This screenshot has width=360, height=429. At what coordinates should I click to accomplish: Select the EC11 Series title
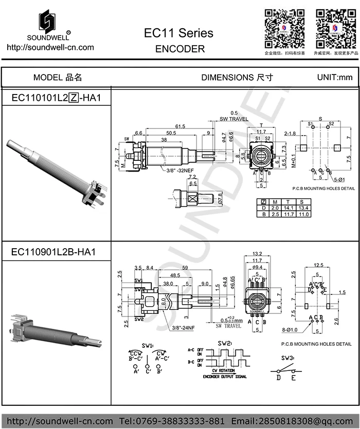pos(178,33)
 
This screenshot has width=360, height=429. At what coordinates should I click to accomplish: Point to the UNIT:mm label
pos(335,78)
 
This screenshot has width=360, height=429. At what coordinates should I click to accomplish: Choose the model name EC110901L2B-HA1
pos(53,252)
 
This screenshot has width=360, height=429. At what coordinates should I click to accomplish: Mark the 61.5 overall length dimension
pos(180,126)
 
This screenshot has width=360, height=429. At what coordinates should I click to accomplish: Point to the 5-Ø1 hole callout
pos(338,179)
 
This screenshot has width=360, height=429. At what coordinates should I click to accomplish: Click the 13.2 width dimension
pos(258,254)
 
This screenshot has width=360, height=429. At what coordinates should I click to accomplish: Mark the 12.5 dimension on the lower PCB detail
pos(318,265)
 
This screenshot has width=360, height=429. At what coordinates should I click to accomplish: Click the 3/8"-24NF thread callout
pos(184,328)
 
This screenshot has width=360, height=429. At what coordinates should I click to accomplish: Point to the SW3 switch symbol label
pos(287,358)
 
